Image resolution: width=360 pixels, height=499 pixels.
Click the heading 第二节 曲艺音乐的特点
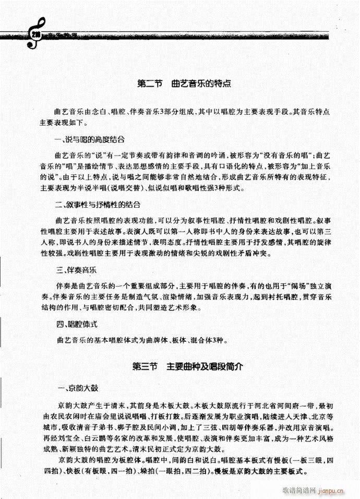click(x=184, y=84)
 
